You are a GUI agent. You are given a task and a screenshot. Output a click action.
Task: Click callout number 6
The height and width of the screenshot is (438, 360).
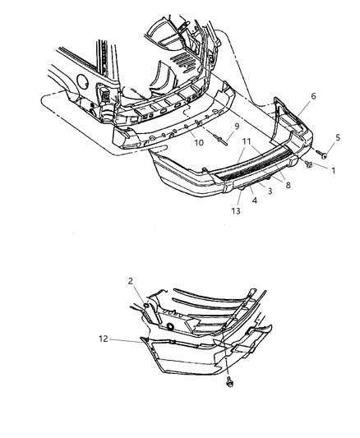[x=313, y=96]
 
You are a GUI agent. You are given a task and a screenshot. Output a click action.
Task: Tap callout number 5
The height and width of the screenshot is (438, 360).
[x=338, y=137]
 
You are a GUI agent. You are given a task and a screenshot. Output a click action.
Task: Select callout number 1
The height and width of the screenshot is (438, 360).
[x=333, y=170]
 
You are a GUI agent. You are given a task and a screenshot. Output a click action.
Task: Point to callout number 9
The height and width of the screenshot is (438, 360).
[x=237, y=127]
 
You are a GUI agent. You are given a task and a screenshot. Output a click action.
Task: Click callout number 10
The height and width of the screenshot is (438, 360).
[x=199, y=143]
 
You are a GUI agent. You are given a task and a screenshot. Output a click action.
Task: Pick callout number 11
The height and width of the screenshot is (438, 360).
[x=247, y=141]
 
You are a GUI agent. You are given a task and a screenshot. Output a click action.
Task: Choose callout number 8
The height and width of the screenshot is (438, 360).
[x=288, y=185]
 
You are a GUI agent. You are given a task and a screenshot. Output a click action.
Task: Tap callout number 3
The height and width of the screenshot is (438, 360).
[x=270, y=191]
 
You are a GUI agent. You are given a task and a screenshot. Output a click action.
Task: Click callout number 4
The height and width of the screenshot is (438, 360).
[x=255, y=201]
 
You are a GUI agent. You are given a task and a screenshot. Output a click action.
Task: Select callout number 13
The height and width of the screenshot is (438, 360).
[x=236, y=211]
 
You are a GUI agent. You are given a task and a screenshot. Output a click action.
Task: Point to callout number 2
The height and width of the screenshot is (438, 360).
[x=131, y=281]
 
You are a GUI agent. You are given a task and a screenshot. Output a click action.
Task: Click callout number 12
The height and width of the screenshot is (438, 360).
[x=103, y=339]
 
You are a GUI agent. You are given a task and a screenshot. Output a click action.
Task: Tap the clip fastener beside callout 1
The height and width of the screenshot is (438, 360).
[x=308, y=164]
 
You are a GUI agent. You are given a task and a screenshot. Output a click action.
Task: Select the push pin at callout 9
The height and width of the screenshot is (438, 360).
[x=221, y=140]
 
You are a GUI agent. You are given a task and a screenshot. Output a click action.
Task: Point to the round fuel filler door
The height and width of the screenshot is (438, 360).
[x=82, y=80]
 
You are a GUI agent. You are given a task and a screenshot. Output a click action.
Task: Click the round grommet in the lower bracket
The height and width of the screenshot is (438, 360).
[x=170, y=326]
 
